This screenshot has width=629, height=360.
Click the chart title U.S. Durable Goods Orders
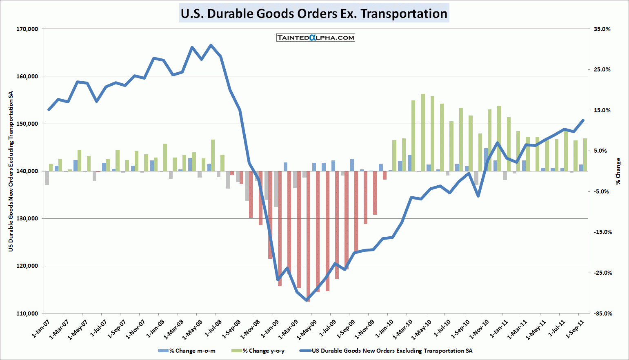tap(314, 13)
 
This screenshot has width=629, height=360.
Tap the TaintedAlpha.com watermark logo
tap(316, 38)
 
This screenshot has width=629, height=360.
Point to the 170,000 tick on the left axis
tap(27, 29)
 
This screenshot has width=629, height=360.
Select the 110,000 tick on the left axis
tap(27, 313)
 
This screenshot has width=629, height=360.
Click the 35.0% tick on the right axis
tap(602, 29)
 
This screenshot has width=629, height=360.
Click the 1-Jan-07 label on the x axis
tap(41, 329)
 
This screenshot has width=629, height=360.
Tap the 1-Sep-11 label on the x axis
tap(575, 329)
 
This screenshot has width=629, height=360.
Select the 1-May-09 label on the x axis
tap(307, 329)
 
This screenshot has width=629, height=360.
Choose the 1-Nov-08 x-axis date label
tap(250, 329)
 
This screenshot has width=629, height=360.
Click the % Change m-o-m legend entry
tap(187, 351)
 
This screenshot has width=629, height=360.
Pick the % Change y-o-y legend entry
tap(258, 351)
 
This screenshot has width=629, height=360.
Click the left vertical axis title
tap(11, 171)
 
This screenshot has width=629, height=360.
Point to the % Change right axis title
tap(618, 171)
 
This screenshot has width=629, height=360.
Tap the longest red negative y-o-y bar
tap(308, 236)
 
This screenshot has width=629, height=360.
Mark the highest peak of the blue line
tap(211, 45)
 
